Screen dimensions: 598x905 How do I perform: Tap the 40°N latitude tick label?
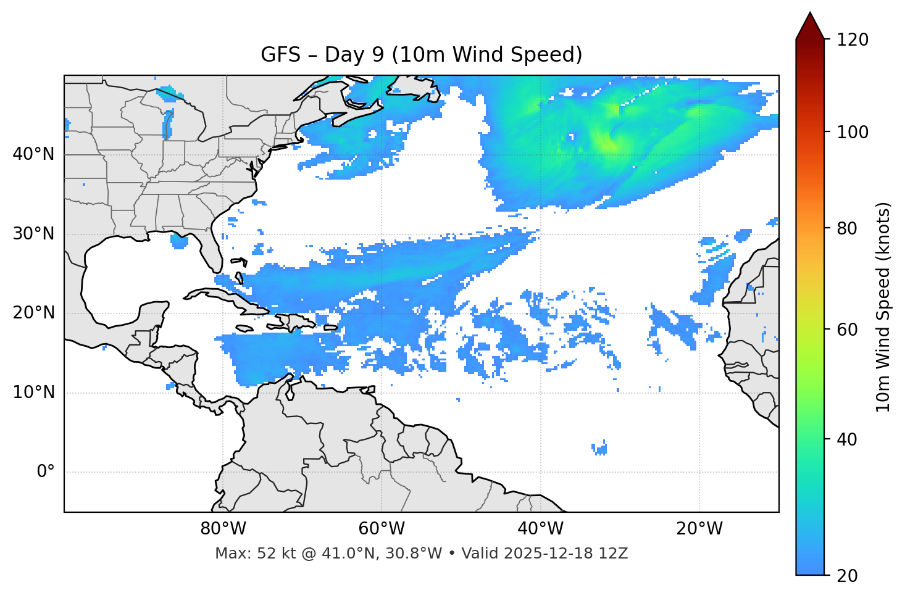pyautogui.click(x=33, y=154)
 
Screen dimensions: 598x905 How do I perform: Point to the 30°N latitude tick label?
pyautogui.click(x=33, y=234)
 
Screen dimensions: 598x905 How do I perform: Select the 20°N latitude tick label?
pyautogui.click(x=33, y=313)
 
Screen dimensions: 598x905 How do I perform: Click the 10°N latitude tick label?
pyautogui.click(x=33, y=392)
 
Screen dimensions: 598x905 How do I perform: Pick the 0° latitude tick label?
pyautogui.click(x=46, y=472)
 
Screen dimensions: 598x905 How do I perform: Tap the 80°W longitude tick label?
pyautogui.click(x=223, y=529)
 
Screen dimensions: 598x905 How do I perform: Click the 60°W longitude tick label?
pyautogui.click(x=382, y=529)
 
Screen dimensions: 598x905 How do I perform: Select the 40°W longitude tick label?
pyautogui.click(x=540, y=529)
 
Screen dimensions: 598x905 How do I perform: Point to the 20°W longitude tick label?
pyautogui.click(x=699, y=529)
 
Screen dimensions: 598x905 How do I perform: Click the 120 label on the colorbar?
pyautogui.click(x=853, y=40)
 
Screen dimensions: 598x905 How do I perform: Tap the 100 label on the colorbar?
pyautogui.click(x=853, y=132)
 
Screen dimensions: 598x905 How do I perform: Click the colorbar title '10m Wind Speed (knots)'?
pyautogui.click(x=883, y=307)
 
